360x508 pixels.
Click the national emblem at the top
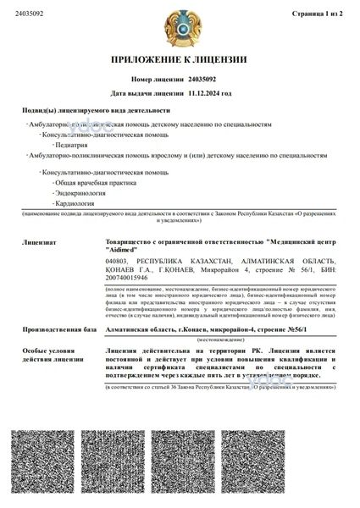(x=180, y=26)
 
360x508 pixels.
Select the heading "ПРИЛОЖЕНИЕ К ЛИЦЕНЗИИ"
(x=180, y=60)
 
